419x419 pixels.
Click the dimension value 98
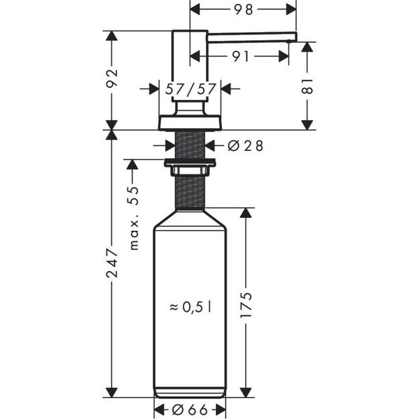243,9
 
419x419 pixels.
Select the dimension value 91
241,57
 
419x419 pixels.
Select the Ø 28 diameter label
241,145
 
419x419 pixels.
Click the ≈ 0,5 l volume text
190,307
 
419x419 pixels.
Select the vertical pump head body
190,64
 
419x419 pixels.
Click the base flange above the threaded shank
190,123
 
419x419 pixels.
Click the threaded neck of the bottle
190,191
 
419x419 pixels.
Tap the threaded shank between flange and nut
190,145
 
